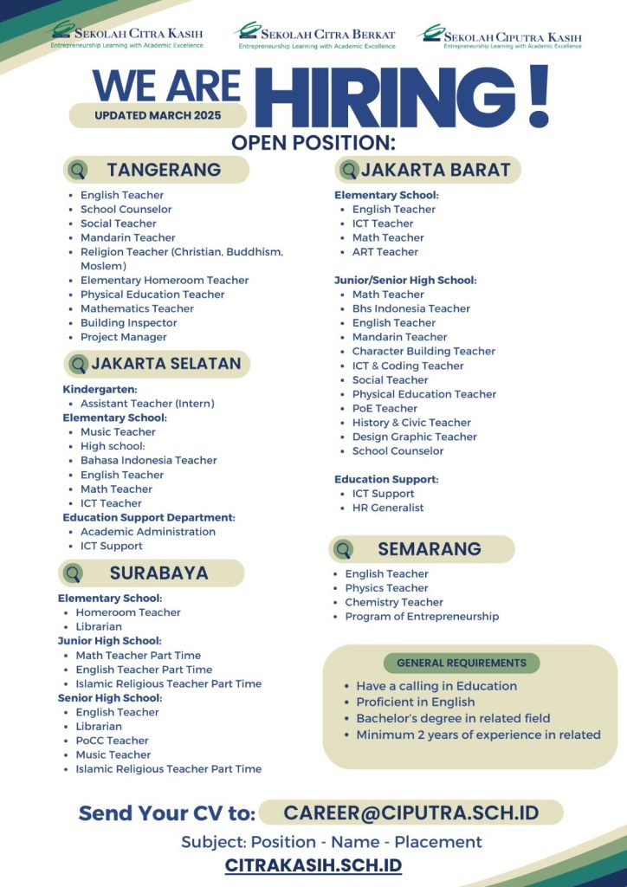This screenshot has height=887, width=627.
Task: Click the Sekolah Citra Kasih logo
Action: point(128,34)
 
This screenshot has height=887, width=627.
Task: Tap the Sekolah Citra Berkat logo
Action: point(314,36)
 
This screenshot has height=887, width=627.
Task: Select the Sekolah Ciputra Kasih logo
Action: point(500,36)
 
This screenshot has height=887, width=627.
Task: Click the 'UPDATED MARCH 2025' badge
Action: point(158,115)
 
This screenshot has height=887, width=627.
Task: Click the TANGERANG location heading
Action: point(163,170)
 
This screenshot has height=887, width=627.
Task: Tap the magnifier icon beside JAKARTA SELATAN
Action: point(79,365)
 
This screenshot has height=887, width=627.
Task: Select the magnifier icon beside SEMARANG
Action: point(344,549)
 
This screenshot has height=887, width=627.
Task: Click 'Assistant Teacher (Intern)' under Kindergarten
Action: point(147,404)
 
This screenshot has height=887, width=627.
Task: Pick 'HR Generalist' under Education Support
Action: point(388,508)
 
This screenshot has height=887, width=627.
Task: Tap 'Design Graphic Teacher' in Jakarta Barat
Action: point(414,437)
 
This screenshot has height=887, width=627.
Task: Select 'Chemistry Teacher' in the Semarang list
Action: point(394,602)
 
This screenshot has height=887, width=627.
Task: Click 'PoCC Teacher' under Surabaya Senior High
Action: point(112,741)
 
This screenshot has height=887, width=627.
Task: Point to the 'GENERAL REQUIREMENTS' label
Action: point(461,663)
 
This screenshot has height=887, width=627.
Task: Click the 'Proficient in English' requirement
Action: point(415,702)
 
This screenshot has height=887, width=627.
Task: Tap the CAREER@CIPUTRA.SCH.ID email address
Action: point(410,813)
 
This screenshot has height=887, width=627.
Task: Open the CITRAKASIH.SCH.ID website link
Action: point(313,865)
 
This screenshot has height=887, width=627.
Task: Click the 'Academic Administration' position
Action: point(147,532)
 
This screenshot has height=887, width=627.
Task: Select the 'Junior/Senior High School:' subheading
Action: point(405,281)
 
